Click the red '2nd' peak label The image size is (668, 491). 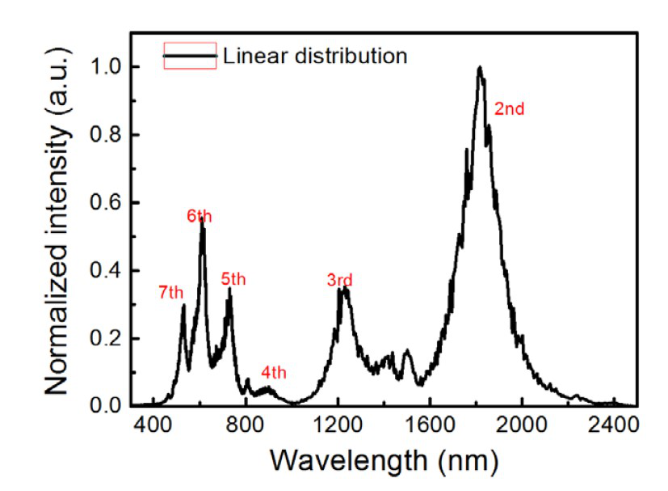click(510, 108)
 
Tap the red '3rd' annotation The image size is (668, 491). click(340, 281)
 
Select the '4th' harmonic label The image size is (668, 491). click(274, 373)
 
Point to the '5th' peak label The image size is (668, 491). click(233, 279)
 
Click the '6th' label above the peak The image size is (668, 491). click(200, 216)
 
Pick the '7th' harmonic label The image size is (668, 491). click(171, 293)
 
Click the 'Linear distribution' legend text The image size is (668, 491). click(315, 56)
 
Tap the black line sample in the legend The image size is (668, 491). click(190, 56)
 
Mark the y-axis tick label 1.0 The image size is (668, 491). click(105, 67)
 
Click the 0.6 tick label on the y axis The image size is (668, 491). click(105, 203)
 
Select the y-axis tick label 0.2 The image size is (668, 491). click(105, 338)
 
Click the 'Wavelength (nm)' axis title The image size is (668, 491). click(384, 461)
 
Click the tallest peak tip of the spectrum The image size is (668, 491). click(480, 68)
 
